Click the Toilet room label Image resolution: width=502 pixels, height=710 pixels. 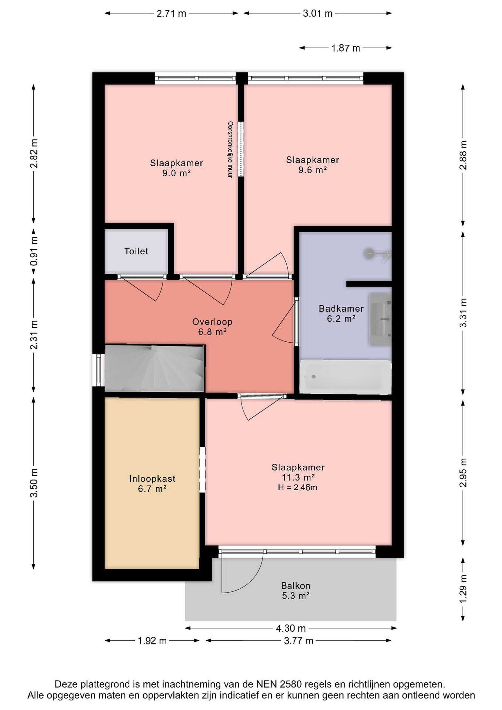pyautogui.click(x=136, y=251)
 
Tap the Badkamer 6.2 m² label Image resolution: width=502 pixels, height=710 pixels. pyautogui.click(x=341, y=313)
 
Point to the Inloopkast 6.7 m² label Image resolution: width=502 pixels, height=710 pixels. pyautogui.click(x=152, y=484)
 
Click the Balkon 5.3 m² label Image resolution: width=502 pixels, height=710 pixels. pyautogui.click(x=295, y=590)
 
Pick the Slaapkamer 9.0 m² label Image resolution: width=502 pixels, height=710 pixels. pyautogui.click(x=176, y=168)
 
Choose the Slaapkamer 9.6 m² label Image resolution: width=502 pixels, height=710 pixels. pyautogui.click(x=312, y=165)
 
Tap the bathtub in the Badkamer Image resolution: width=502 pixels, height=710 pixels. pyautogui.click(x=345, y=377)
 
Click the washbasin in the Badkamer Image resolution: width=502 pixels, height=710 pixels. pyautogui.click(x=380, y=319)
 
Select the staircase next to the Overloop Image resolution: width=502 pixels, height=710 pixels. pyautogui.click(x=154, y=369)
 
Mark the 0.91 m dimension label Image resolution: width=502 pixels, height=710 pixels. pyautogui.click(x=35, y=251)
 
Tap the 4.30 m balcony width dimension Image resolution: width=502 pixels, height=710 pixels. pyautogui.click(x=291, y=628)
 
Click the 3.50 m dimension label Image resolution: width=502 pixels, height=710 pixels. pyautogui.click(x=35, y=483)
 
